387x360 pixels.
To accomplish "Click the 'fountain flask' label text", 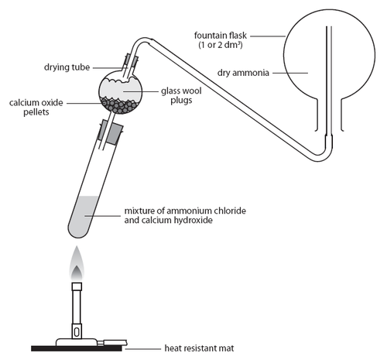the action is click(221, 36).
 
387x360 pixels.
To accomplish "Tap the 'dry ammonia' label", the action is click(243, 73).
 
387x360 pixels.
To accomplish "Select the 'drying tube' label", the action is click(67, 67).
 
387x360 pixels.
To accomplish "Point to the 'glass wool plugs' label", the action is click(181, 95).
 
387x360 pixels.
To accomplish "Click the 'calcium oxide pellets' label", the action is click(36, 107).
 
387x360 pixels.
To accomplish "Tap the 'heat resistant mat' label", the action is click(199, 348).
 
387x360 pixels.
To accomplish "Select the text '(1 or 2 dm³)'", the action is click(221, 45).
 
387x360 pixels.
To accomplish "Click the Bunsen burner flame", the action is click(77, 264).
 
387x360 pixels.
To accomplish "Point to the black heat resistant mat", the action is click(77, 348).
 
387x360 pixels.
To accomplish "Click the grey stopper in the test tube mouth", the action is click(110, 132).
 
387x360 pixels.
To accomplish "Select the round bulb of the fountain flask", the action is click(329, 55).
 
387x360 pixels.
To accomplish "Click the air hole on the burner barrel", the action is click(77, 332).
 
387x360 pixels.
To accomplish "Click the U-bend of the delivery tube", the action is click(320, 156).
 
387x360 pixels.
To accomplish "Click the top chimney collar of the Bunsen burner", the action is click(77, 286).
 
